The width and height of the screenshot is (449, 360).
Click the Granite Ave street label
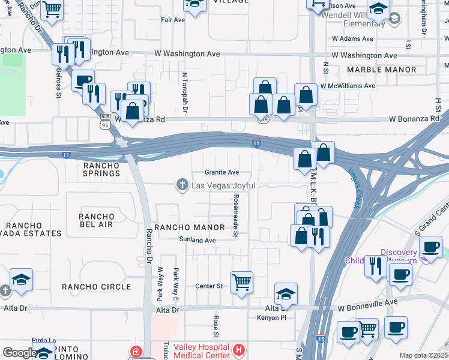pos(221,172)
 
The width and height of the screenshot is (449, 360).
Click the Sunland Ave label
pos(197,240)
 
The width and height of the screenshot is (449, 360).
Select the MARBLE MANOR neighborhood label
pos(381,70)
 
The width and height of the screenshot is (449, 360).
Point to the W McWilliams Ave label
pos(348,86)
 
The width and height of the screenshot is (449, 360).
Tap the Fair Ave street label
pos(173,19)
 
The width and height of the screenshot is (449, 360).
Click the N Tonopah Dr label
pos(185,93)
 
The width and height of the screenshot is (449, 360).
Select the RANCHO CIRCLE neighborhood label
pos(100,287)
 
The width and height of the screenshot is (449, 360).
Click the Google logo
pos(19,352)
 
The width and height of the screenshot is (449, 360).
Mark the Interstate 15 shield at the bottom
pos(321,339)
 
